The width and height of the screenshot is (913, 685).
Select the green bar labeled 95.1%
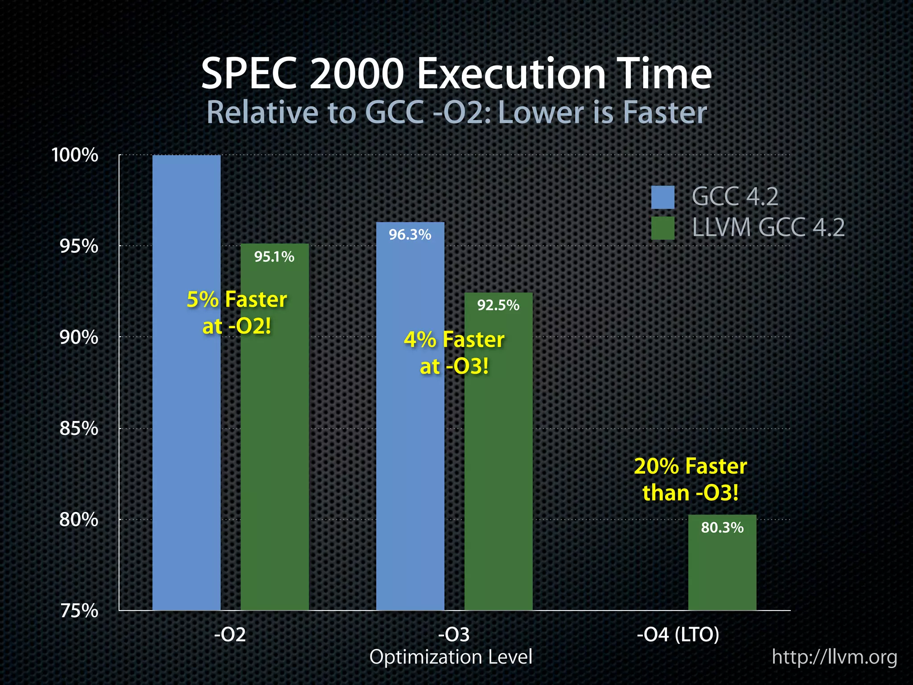click(x=275, y=446)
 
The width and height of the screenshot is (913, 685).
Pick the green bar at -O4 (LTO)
click(x=722, y=571)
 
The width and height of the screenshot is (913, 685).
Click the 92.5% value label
click(x=498, y=305)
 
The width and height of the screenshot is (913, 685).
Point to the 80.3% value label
click(x=722, y=528)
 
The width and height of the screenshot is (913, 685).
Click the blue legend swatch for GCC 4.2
click(x=662, y=197)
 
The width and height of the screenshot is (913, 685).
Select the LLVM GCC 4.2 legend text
click(x=768, y=228)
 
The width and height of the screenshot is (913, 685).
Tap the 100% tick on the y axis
click(x=75, y=155)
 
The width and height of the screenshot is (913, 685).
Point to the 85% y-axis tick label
click(x=78, y=429)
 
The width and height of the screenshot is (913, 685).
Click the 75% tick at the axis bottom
click(x=78, y=611)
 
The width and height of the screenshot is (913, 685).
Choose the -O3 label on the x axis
click(x=454, y=634)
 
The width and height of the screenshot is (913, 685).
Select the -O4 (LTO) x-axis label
click(x=678, y=634)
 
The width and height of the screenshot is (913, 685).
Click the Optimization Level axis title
click(x=451, y=657)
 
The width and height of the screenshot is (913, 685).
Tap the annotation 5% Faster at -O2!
click(x=237, y=313)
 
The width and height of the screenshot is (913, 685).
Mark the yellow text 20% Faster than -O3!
click(x=690, y=479)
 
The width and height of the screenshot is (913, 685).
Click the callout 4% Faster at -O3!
click(x=454, y=353)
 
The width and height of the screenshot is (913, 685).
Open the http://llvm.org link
click(x=834, y=657)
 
